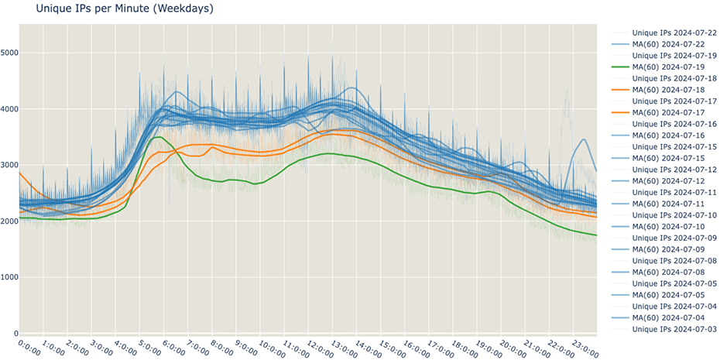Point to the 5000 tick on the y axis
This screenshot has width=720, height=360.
coord(9,53)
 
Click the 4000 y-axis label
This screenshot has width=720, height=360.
coord(9,109)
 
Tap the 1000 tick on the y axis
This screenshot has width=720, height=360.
coord(9,277)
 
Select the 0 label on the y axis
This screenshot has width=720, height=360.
coord(14,333)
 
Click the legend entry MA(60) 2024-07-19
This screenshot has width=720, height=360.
coord(674,67)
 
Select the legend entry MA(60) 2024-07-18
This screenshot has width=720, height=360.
coord(674,90)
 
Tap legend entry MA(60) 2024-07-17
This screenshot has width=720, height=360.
coord(674,112)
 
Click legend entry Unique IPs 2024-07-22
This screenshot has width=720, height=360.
coord(674,33)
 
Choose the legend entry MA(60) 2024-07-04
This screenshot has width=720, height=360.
coord(674,317)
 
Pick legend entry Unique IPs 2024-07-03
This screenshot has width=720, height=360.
coord(674,329)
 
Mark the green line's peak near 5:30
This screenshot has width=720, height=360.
coord(157,137)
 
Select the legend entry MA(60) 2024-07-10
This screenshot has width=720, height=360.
coord(674,226)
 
